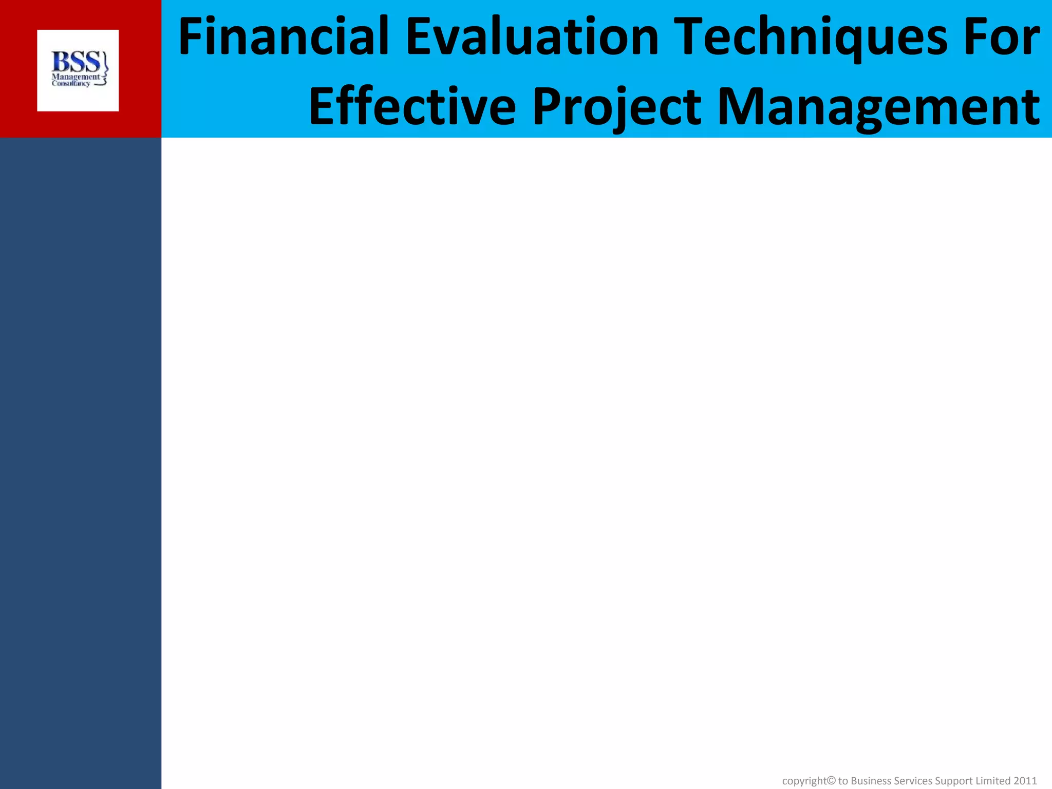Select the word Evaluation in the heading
tap(532, 37)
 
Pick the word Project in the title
tap(616, 107)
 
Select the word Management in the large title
tap(878, 107)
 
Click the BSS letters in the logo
tap(76, 62)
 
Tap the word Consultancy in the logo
tap(71, 84)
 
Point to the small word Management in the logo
tap(75, 77)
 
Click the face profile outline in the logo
tap(105, 69)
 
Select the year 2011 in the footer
tap(1025, 781)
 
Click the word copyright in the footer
tap(804, 781)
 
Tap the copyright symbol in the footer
tap(832, 780)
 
